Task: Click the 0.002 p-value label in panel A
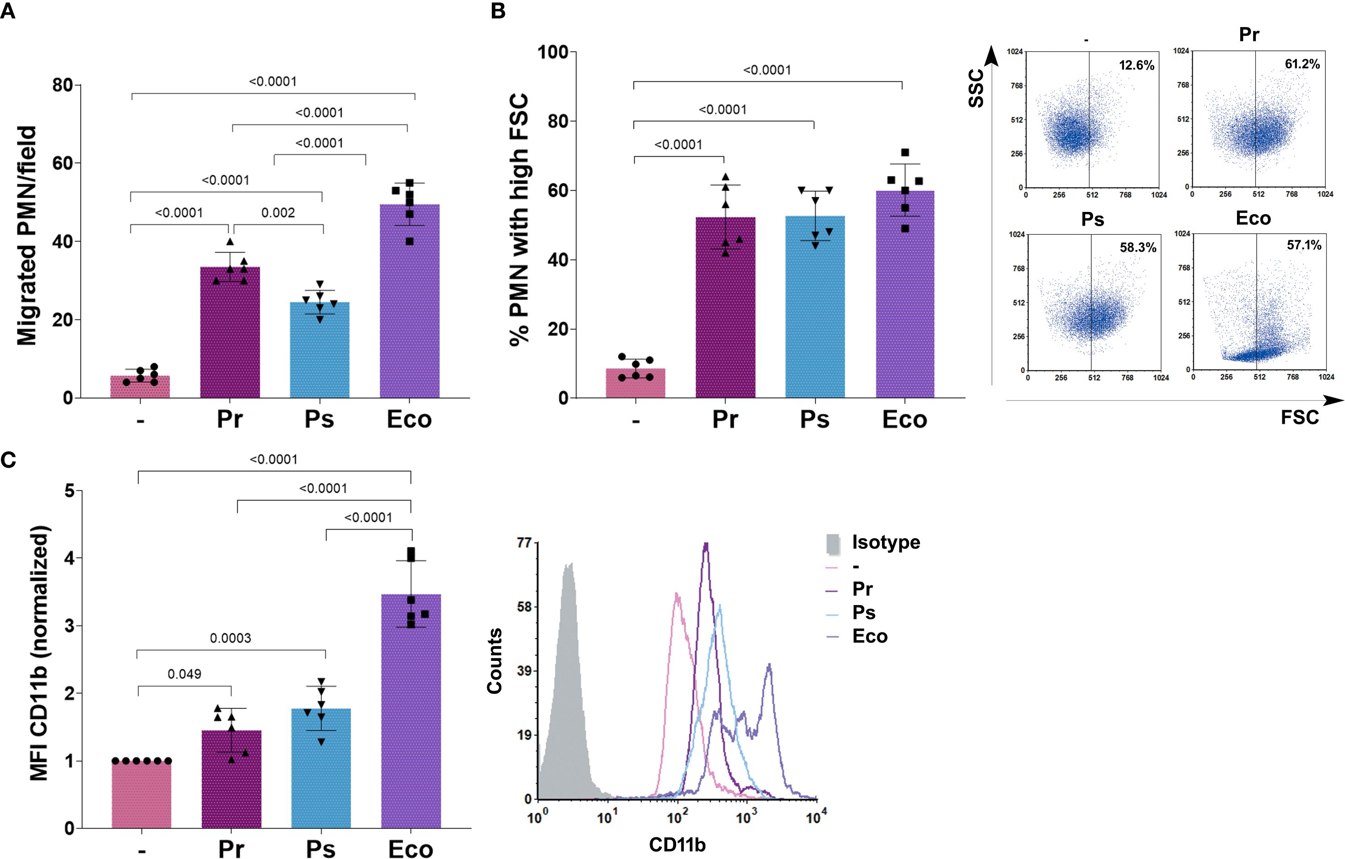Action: (278, 213)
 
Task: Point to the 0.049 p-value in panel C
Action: (184, 674)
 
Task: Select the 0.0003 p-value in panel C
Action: (230, 638)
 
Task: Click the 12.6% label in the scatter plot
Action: (1136, 65)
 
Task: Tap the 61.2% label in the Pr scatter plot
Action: (1302, 64)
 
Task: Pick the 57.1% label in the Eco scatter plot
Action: (1304, 245)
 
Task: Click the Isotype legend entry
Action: (885, 542)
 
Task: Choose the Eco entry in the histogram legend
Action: (870, 636)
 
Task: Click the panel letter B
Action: (498, 11)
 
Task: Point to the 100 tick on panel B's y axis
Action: (553, 53)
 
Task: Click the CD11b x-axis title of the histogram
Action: (677, 844)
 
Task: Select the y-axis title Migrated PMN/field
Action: (26, 236)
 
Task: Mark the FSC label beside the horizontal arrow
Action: (1299, 417)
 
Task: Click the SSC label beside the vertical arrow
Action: (976, 88)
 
